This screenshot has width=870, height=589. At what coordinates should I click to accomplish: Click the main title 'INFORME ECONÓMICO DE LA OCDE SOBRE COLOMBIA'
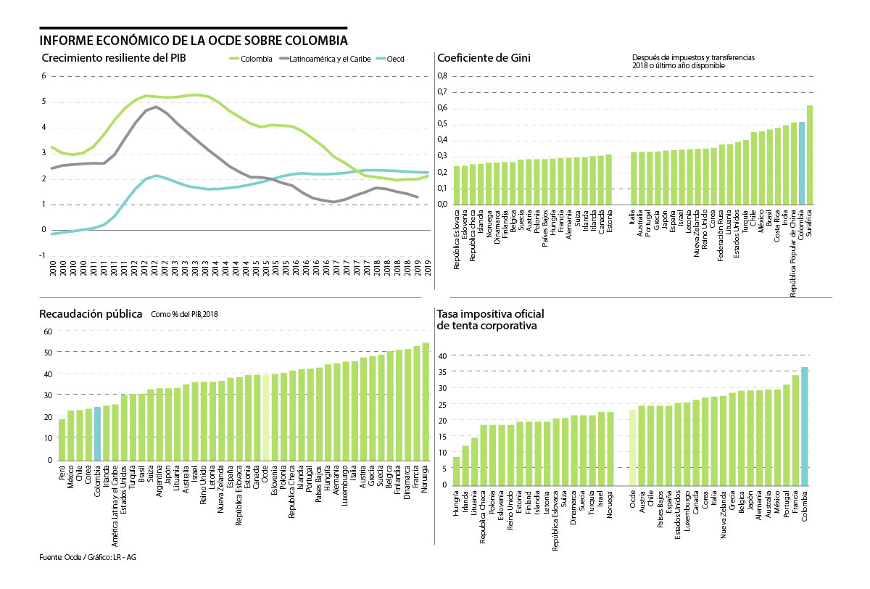[194, 39]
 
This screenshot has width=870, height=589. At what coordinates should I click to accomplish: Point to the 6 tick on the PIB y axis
[43, 75]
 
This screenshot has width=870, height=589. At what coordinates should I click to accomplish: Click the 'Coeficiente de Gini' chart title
[483, 58]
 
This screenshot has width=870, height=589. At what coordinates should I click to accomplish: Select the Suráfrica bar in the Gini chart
[810, 155]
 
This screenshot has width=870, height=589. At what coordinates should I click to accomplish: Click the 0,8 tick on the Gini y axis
[442, 76]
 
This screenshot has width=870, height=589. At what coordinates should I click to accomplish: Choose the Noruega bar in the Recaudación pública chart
[426, 401]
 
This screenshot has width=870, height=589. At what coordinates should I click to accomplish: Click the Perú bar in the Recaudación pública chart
[62, 440]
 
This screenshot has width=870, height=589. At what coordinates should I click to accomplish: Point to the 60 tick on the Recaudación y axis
[49, 331]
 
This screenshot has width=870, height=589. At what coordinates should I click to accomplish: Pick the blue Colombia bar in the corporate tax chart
[805, 425]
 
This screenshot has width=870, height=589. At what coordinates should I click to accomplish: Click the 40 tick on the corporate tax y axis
[442, 355]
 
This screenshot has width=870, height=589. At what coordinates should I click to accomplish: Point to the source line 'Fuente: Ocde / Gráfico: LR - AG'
[88, 557]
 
